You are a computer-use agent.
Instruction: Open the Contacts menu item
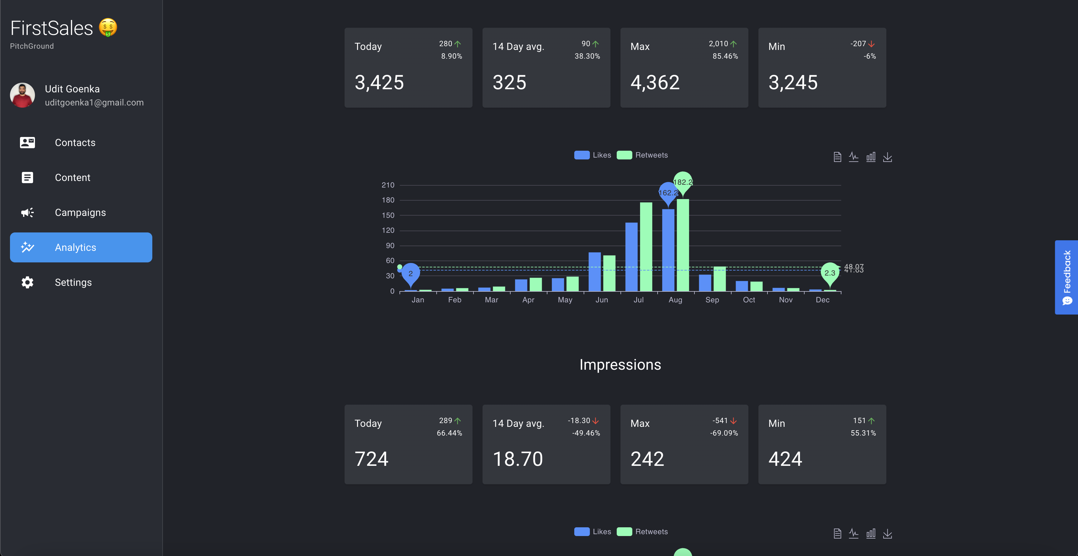click(75, 143)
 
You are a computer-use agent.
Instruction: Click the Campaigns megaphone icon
click(27, 212)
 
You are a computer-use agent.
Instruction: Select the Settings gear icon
click(27, 282)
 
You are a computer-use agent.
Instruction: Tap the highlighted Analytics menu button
click(81, 247)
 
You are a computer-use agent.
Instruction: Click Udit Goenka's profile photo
click(22, 95)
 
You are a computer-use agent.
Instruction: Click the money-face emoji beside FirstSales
click(108, 27)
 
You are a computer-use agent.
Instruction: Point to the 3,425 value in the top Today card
click(379, 82)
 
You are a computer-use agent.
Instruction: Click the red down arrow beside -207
click(871, 44)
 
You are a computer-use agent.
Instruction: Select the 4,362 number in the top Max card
click(655, 82)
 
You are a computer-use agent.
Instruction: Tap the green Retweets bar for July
click(646, 247)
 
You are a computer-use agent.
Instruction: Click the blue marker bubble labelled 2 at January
click(410, 273)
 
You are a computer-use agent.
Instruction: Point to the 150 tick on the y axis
click(388, 215)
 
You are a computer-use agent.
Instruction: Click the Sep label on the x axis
click(712, 300)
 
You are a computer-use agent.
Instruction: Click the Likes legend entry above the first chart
click(593, 155)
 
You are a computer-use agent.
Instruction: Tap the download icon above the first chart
click(887, 157)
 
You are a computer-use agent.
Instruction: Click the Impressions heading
click(620, 364)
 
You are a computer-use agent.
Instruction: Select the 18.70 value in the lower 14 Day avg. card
click(518, 459)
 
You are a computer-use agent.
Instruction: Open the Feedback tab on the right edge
click(1066, 277)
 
